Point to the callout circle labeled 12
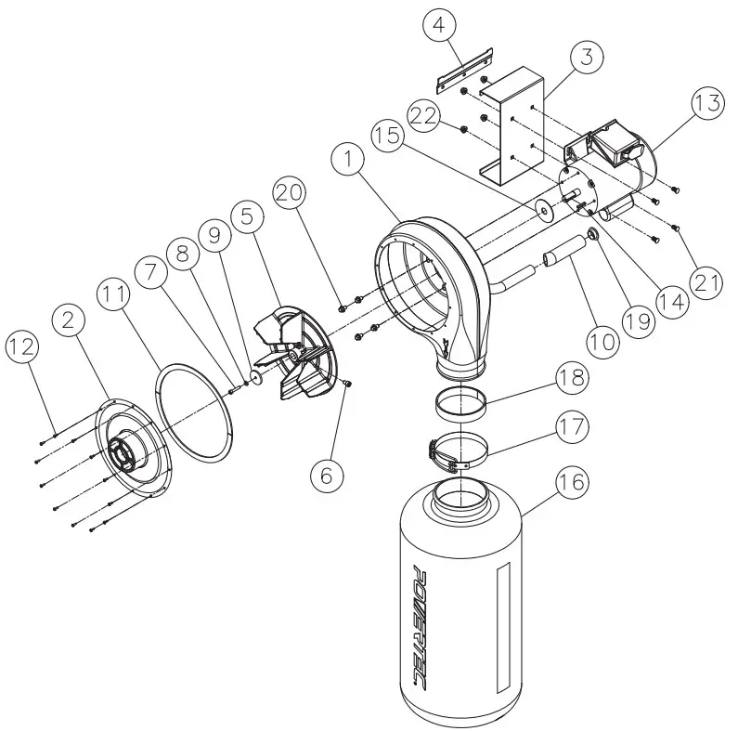click(x=24, y=347)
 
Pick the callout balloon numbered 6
click(x=326, y=475)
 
